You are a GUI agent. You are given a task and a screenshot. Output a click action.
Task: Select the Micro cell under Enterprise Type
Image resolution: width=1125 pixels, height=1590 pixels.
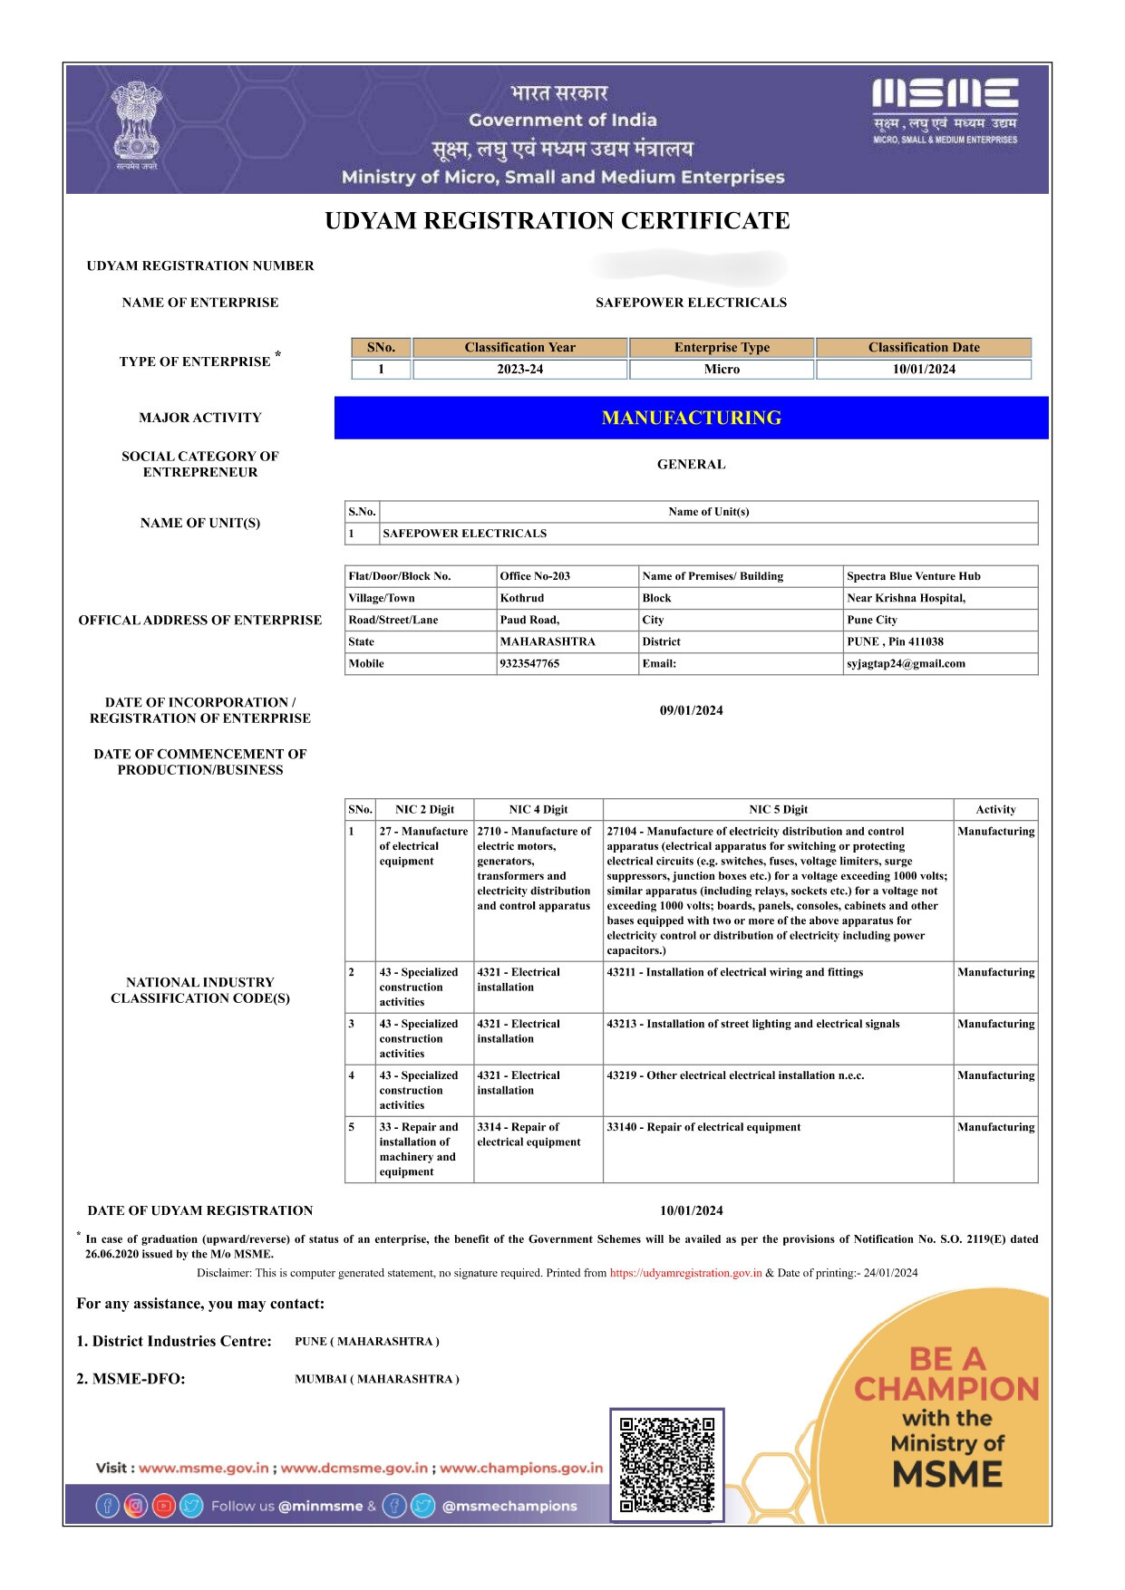tap(722, 370)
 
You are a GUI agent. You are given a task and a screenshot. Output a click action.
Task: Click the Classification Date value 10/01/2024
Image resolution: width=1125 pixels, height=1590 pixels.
tap(923, 370)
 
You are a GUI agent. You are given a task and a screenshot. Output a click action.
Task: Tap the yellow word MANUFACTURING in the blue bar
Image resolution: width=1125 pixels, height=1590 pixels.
tap(691, 418)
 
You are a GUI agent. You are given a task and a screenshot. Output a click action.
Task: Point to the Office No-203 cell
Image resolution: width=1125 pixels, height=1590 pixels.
tap(535, 576)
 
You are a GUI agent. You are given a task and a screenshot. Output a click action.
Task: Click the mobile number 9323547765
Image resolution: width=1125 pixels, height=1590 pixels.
tap(529, 664)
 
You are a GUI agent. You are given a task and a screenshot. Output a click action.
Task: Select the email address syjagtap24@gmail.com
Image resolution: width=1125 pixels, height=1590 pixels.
tap(906, 664)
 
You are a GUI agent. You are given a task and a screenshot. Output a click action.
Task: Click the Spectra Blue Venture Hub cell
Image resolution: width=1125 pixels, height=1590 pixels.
tap(913, 576)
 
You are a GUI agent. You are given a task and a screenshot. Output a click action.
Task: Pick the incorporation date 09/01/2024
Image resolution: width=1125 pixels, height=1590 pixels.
tap(691, 711)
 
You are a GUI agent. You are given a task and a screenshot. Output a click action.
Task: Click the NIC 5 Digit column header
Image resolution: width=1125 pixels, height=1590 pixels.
tap(778, 810)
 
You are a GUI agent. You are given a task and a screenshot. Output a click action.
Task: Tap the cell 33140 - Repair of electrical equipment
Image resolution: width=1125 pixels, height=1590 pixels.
tap(703, 1128)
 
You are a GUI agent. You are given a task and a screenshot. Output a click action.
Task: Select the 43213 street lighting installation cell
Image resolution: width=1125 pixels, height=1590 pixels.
tap(752, 1025)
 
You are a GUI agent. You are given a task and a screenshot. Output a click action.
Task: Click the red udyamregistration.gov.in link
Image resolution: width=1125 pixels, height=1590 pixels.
tap(685, 1273)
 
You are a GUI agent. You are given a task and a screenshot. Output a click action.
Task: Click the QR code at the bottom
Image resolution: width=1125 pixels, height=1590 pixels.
tap(666, 1464)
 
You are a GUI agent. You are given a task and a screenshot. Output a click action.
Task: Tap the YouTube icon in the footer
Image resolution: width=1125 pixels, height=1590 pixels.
tap(163, 1506)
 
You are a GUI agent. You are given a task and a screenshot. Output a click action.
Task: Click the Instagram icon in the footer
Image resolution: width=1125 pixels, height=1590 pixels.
tap(135, 1506)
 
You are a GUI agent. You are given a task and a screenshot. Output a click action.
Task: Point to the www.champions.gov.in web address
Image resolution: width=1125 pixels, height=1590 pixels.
tap(520, 1468)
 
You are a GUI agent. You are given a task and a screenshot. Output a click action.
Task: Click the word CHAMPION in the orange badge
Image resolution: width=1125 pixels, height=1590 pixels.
tap(946, 1389)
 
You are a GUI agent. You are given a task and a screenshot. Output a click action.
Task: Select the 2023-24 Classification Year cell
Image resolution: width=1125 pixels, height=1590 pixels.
tap(519, 370)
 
